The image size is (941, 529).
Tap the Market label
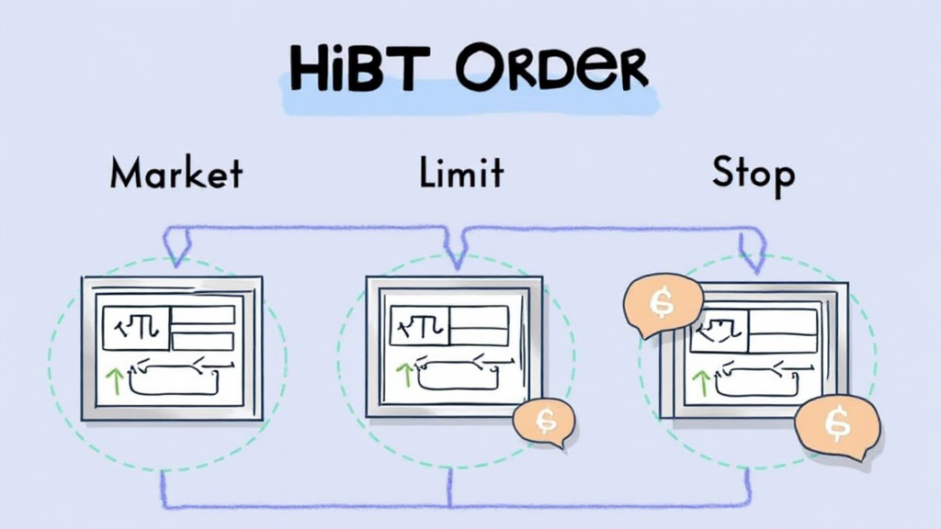point(176,173)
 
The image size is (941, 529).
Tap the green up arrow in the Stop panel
point(702,382)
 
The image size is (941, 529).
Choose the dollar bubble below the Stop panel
point(836,424)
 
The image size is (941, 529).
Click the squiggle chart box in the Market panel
point(136,328)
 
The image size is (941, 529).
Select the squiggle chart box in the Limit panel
point(419,326)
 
